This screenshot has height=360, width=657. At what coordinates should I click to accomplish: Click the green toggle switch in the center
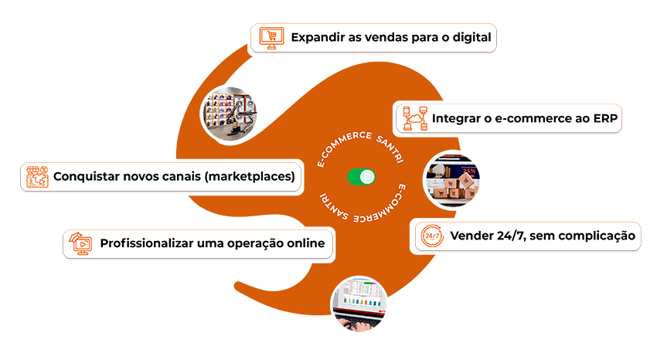tap(361, 177)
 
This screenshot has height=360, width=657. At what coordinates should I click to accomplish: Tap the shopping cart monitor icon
tap(269, 36)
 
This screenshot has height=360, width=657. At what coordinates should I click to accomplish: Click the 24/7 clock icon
tap(433, 236)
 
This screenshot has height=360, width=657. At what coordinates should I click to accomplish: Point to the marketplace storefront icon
tap(37, 177)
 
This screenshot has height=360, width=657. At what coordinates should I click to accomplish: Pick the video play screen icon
tap(80, 243)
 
